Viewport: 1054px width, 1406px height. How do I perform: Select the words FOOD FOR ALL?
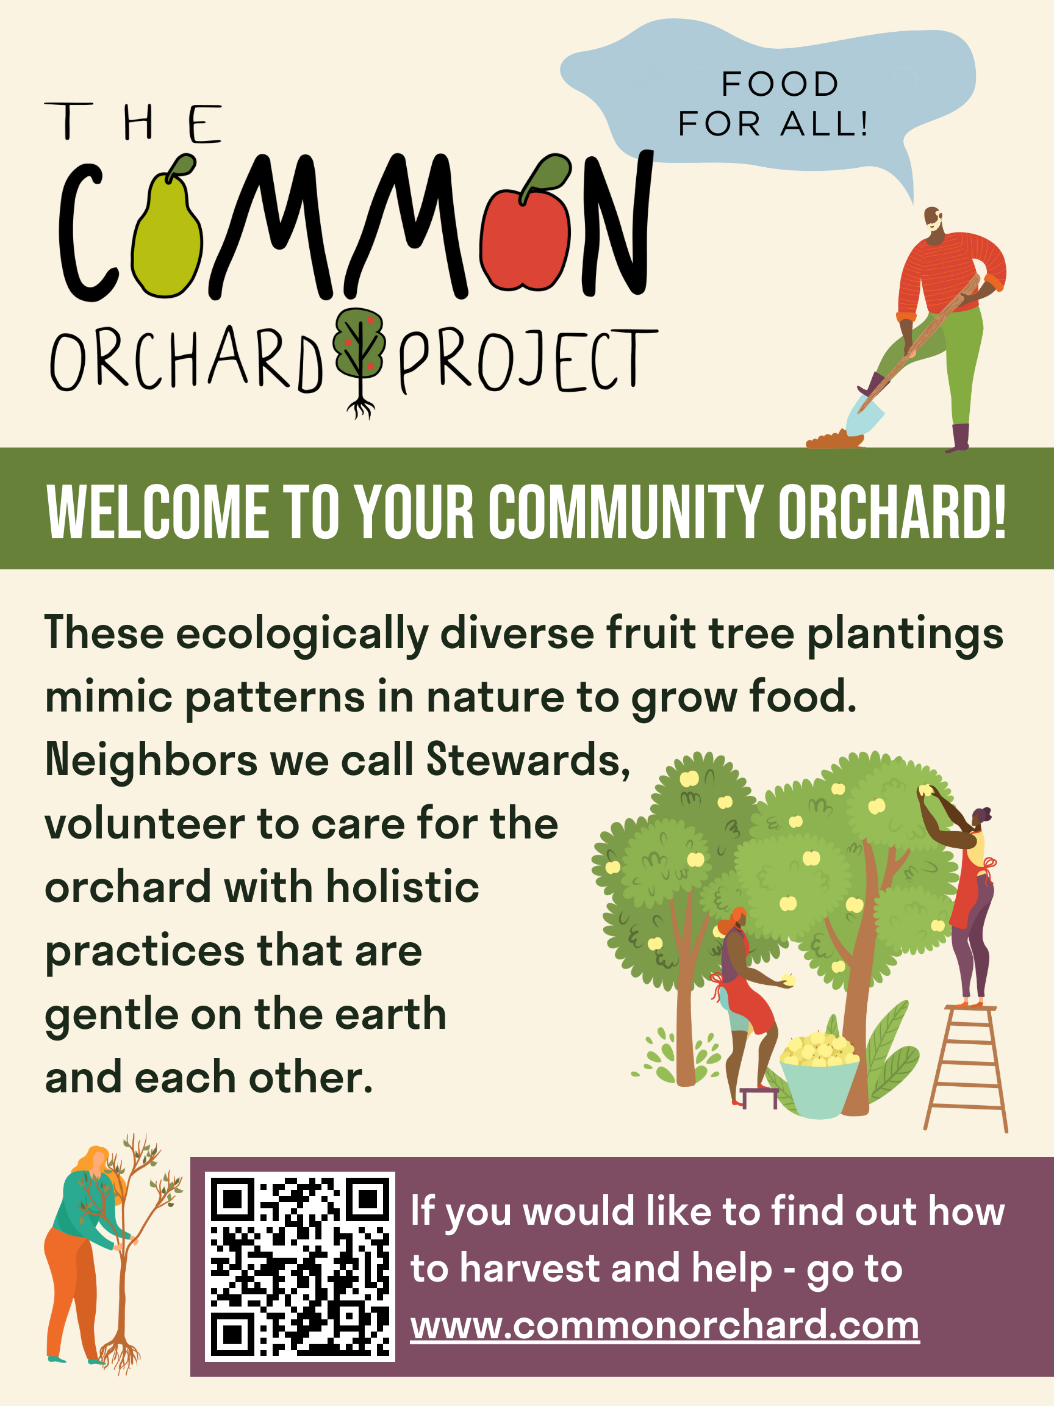pos(774,104)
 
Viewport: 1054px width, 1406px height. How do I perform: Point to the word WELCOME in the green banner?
pos(157,511)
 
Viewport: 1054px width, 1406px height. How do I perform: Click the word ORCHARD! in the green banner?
pos(892,511)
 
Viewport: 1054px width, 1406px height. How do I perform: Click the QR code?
pos(300,1267)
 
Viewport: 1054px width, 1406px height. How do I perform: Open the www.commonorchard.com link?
pos(665,1326)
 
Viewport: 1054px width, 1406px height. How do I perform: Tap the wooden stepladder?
pos(966,1068)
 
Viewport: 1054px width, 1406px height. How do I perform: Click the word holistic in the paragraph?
pos(403,887)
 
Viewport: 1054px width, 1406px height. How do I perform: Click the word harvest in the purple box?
pos(529,1269)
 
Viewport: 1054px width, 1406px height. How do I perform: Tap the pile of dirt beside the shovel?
pos(834,440)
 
